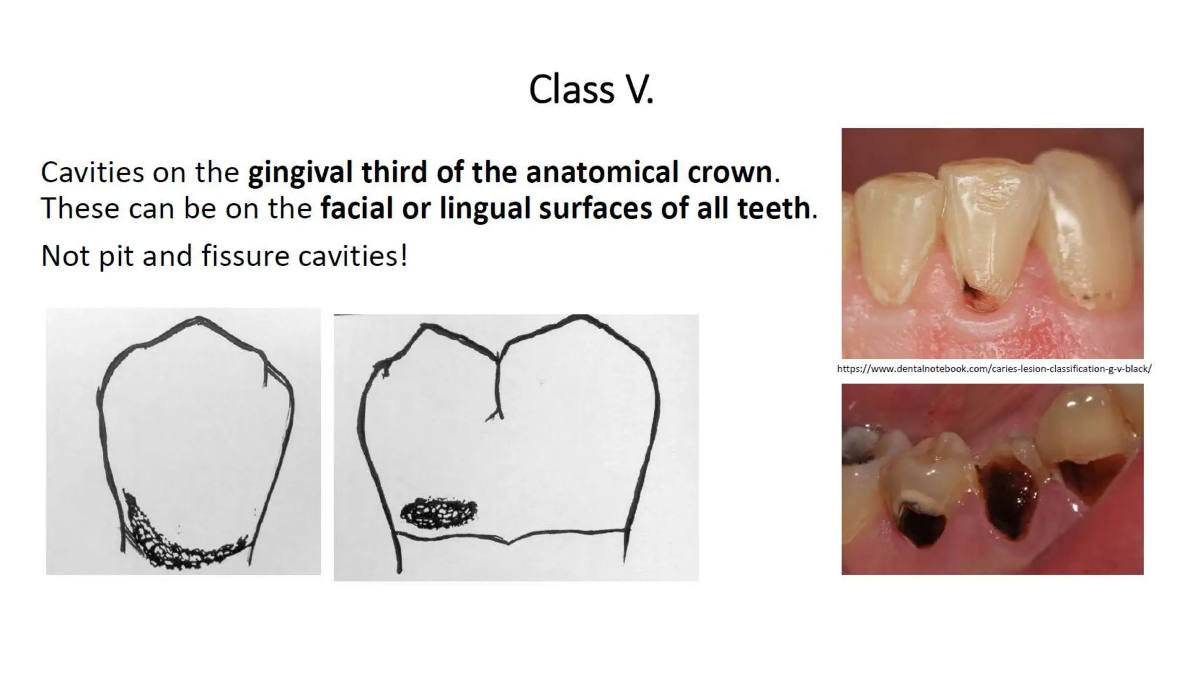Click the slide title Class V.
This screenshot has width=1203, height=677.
[x=591, y=90]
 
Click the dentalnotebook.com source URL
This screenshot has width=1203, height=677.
[x=994, y=369]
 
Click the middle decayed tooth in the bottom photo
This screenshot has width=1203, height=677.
[x=1007, y=494]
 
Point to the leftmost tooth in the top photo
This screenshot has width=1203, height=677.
[x=893, y=235]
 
